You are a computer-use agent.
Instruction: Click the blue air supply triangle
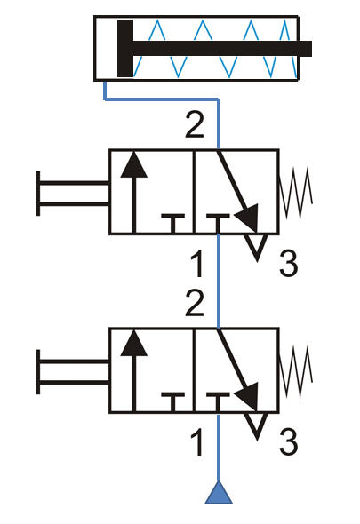219,493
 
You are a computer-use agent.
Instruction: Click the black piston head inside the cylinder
125,49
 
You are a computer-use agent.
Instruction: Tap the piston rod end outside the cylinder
305,49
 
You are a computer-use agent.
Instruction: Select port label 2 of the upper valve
195,125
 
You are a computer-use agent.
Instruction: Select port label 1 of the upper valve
197,265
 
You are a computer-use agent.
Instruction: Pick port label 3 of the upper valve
288,265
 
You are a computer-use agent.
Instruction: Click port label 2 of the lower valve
195,304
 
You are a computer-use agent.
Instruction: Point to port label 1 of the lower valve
197,443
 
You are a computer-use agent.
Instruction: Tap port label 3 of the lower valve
288,443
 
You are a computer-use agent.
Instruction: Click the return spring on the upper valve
296,193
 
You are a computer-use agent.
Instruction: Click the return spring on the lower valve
296,371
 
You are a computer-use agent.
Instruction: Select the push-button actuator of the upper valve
72,194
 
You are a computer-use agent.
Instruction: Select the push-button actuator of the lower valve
72,372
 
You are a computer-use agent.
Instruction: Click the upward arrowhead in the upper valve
134,164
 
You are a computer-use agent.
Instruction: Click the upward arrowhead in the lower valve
134,343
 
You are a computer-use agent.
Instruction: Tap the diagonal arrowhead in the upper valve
249,217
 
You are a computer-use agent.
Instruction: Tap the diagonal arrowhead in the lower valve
249,395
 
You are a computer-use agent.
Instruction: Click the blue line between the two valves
219,281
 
